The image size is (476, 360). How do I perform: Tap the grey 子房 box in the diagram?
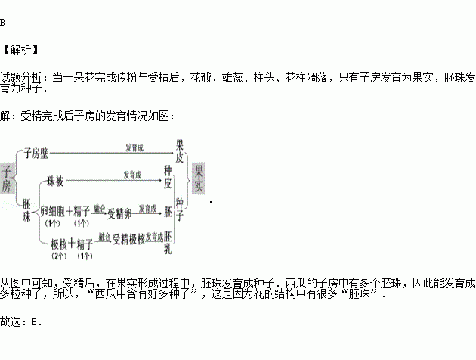(7, 178)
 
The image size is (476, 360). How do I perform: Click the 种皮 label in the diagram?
(168, 178)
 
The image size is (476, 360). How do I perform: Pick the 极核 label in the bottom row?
(58, 243)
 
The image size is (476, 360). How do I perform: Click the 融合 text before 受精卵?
(98, 207)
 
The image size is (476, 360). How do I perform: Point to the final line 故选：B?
(21, 321)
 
